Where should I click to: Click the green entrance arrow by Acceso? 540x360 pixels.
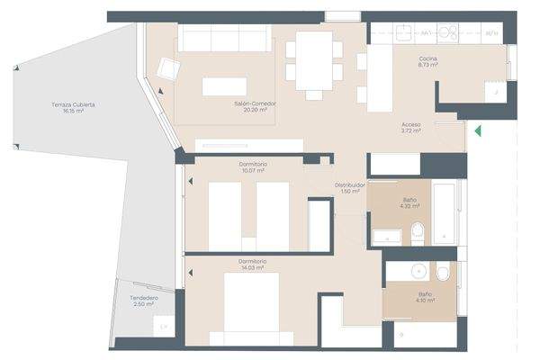point(478,130)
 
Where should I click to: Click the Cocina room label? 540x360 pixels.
point(427,61)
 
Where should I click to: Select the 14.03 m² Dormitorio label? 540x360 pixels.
point(252,264)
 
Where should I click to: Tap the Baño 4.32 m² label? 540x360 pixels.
point(409,202)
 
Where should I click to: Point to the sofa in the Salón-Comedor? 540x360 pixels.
point(223,38)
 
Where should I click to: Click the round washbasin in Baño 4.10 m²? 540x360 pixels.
point(418,271)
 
